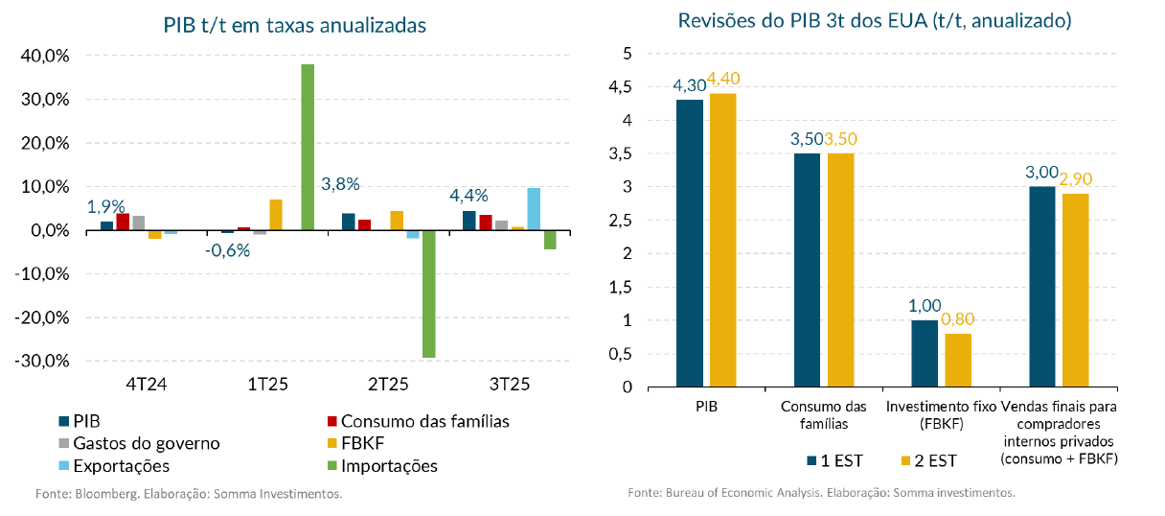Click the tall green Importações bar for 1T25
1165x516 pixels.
(308, 147)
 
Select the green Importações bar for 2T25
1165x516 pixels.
(428, 293)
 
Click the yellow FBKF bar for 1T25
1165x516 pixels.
(276, 215)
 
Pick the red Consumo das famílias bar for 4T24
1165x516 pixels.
(123, 222)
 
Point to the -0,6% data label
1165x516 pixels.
(229, 250)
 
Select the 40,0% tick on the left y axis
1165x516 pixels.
(43, 57)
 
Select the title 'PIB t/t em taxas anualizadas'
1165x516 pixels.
(294, 26)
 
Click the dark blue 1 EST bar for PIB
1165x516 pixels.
(690, 243)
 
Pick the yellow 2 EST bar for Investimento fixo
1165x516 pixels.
(958, 360)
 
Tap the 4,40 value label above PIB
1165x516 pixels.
(723, 79)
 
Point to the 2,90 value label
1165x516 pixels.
(1076, 178)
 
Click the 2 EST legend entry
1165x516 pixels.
(928, 459)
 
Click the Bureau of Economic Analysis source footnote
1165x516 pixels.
(821, 492)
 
